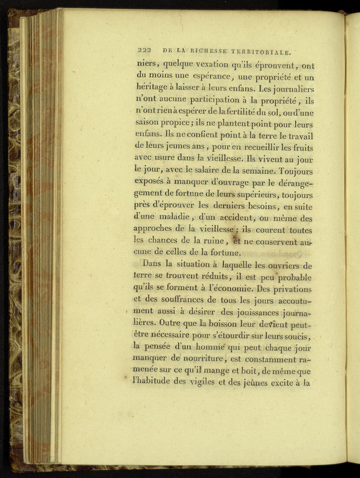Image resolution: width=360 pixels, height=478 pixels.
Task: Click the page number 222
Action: [x=142, y=51]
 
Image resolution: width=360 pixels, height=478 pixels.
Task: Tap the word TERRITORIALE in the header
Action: [x=261, y=51]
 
